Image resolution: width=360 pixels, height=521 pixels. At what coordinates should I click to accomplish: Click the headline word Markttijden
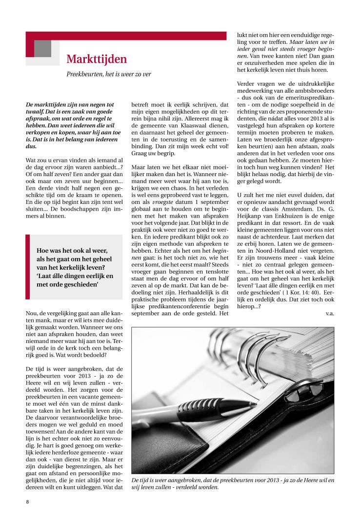(x=97, y=60)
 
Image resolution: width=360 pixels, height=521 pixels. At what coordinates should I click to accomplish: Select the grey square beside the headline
(x=43, y=48)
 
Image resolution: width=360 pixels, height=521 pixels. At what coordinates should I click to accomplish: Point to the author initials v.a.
(x=330, y=313)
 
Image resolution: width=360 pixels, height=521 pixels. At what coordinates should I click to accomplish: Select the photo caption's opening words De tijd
(x=142, y=480)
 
